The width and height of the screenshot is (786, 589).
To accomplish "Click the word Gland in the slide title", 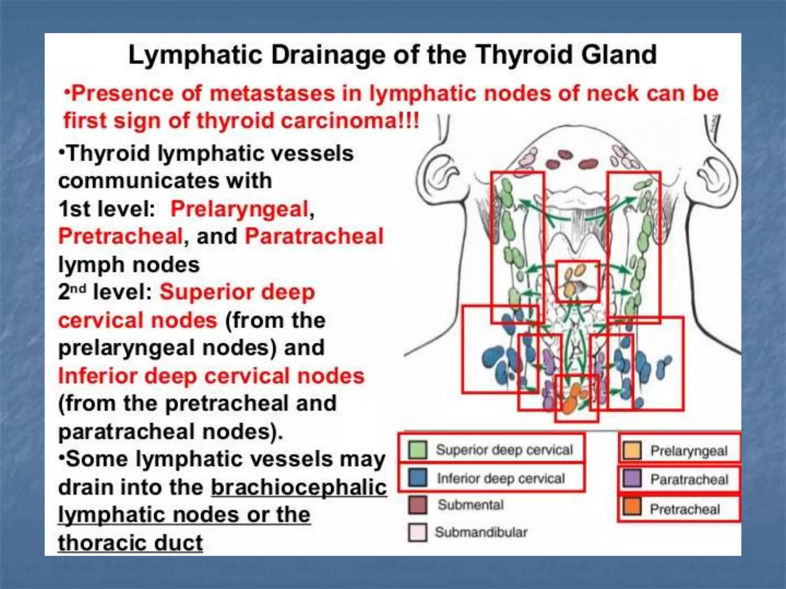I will (619, 55).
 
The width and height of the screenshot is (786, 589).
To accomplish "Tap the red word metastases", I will (272, 94).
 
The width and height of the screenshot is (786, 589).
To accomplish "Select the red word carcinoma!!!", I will (350, 121).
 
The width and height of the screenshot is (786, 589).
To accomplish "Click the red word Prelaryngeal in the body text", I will (240, 209).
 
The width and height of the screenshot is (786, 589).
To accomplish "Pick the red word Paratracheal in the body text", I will (314, 236).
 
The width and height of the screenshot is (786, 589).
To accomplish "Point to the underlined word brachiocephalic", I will (299, 487).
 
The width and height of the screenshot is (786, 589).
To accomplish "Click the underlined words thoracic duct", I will (130, 543).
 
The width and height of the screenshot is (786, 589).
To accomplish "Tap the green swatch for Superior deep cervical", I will (418, 450).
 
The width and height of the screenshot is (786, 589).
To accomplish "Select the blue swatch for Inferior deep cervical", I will (418, 478).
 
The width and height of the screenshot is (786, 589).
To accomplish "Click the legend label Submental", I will (471, 505).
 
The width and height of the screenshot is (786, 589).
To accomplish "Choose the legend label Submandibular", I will (481, 532).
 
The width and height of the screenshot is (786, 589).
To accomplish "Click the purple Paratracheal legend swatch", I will (632, 479).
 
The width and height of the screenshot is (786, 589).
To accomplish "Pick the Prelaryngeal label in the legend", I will (689, 451).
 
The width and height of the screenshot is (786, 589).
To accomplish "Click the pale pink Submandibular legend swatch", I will (418, 532).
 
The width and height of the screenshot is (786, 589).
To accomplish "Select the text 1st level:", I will (107, 209).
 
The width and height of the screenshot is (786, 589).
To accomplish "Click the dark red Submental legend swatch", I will (418, 505).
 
